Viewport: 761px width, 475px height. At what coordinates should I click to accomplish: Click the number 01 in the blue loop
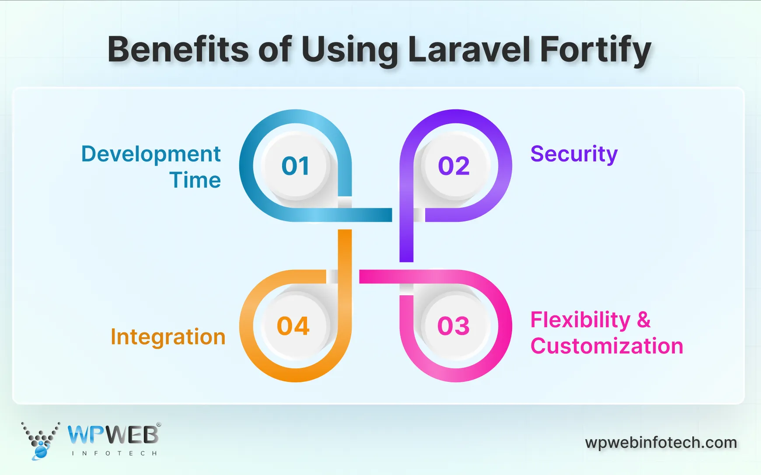point(295,166)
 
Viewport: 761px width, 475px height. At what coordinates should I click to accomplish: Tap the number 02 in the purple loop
point(454,166)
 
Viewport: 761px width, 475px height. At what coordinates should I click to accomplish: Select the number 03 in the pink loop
point(454,326)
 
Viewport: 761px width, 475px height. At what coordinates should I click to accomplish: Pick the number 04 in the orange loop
point(293,326)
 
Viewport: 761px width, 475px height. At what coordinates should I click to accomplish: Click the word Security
point(574,154)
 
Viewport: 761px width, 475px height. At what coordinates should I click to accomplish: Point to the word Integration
point(168,337)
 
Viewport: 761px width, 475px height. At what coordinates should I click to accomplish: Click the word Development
point(151,154)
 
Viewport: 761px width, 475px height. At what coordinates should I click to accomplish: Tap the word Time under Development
point(195,180)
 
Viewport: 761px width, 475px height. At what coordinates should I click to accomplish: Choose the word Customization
point(607,346)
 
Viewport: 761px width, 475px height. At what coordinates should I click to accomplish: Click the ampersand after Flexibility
point(644,320)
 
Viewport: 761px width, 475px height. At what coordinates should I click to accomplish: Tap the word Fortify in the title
point(596,50)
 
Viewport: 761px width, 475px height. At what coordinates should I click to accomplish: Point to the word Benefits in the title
point(178,49)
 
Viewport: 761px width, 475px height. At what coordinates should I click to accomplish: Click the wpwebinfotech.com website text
point(661,443)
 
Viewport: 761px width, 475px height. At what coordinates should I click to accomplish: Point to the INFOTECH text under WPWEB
point(114,454)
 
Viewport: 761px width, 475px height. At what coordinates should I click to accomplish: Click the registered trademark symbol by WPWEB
point(159,425)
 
